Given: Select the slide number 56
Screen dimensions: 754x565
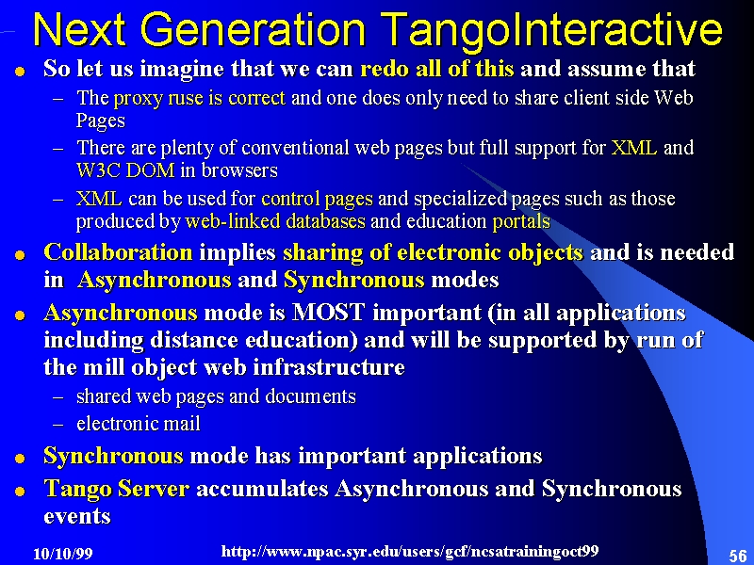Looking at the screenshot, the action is pyautogui.click(x=738, y=556).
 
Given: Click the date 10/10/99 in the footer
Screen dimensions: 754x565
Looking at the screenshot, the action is pyautogui.click(x=62, y=554).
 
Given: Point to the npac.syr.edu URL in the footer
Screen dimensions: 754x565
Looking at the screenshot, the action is pyautogui.click(x=410, y=551).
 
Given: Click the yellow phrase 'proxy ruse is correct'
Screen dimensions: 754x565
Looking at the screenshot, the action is pyautogui.click(x=200, y=98).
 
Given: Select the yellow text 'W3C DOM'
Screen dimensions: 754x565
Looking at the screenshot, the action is pyautogui.click(x=125, y=170).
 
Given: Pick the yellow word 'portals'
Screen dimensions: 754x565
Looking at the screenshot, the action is pyautogui.click(x=521, y=221).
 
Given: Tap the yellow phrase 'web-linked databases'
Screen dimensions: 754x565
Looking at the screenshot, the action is pyautogui.click(x=275, y=221).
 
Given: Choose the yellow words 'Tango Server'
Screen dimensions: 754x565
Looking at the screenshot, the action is pyautogui.click(x=116, y=489).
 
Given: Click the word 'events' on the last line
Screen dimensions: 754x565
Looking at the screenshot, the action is pyautogui.click(x=77, y=516).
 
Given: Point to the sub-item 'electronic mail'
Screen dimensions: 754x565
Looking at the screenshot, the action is pyautogui.click(x=139, y=424).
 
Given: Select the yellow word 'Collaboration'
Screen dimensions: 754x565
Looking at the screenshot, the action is pyautogui.click(x=118, y=252).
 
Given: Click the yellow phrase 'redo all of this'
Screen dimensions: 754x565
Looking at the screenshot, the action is pyautogui.click(x=437, y=69).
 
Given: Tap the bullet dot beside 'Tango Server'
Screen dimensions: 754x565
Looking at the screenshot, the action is pyautogui.click(x=20, y=492).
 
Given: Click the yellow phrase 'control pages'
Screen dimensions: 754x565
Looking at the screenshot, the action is pyautogui.click(x=317, y=199).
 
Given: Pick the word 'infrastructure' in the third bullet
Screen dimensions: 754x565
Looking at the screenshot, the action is pyautogui.click(x=329, y=367).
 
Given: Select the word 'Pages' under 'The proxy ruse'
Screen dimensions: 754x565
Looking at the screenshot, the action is pyautogui.click(x=101, y=121).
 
